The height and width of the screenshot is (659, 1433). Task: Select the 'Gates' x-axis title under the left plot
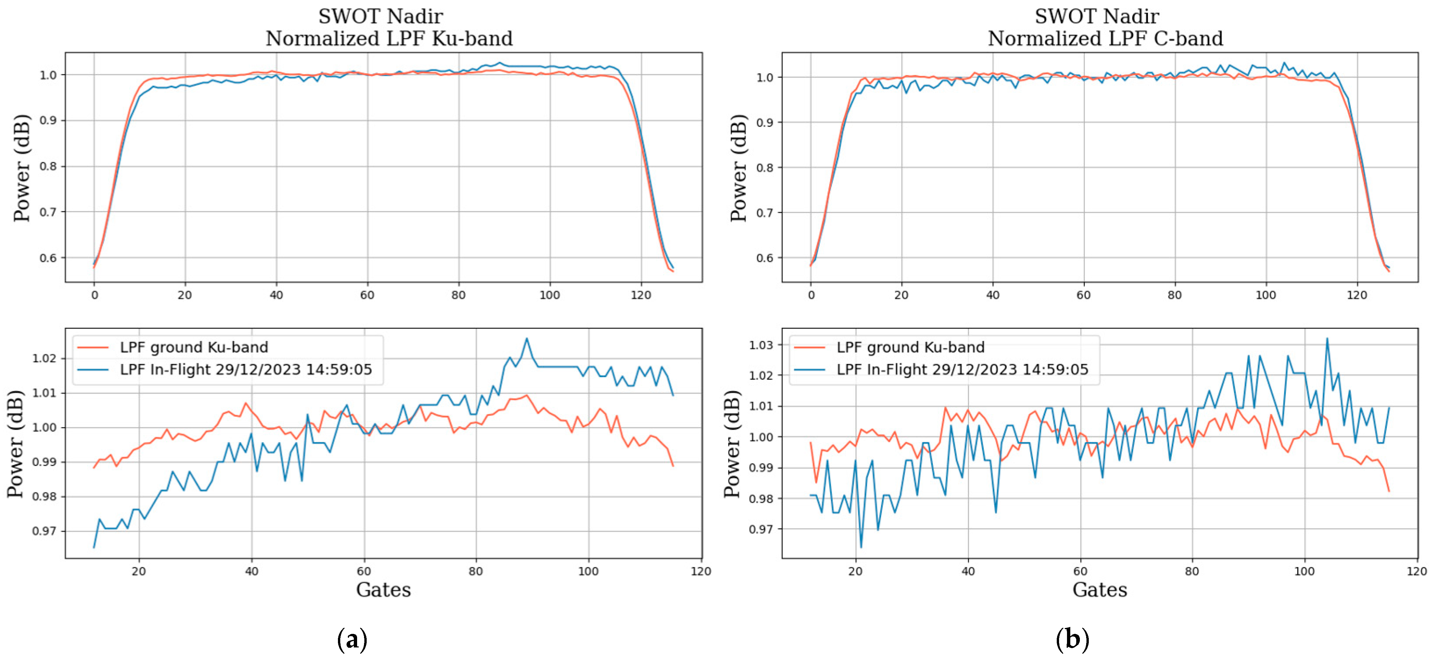tap(383, 589)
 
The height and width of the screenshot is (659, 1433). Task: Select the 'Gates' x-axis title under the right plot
tap(1099, 589)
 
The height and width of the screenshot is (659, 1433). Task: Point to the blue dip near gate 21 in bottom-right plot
tap(861, 547)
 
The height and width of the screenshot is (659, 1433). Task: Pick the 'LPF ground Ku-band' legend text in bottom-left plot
tap(194, 347)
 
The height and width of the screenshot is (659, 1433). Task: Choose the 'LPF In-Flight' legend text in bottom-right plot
tap(962, 369)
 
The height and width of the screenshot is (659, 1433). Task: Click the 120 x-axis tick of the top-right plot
tap(1356, 295)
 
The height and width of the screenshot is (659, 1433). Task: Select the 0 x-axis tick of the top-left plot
tap(94, 295)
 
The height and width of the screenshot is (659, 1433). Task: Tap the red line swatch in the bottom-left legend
tap(93, 347)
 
